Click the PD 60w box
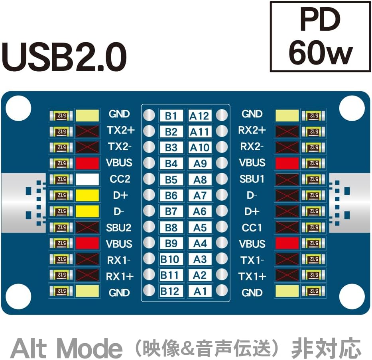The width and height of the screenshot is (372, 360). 320,37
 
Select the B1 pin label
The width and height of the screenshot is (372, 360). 171,115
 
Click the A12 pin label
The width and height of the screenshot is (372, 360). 199,115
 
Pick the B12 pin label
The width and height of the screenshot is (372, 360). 170,291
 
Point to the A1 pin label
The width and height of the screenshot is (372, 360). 200,291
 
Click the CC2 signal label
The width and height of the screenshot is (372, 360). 120,179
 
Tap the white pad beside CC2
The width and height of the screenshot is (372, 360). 87,179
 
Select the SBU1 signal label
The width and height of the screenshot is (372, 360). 252,179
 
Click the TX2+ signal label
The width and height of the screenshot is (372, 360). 120,130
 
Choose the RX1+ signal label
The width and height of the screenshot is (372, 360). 120,276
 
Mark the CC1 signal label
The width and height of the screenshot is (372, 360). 252,228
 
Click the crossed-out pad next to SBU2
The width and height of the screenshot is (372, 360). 87,228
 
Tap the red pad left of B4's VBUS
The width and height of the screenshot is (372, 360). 87,163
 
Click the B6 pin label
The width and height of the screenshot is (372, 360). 171,195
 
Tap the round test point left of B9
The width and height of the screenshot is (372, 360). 149,243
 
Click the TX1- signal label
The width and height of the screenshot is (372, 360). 252,260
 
